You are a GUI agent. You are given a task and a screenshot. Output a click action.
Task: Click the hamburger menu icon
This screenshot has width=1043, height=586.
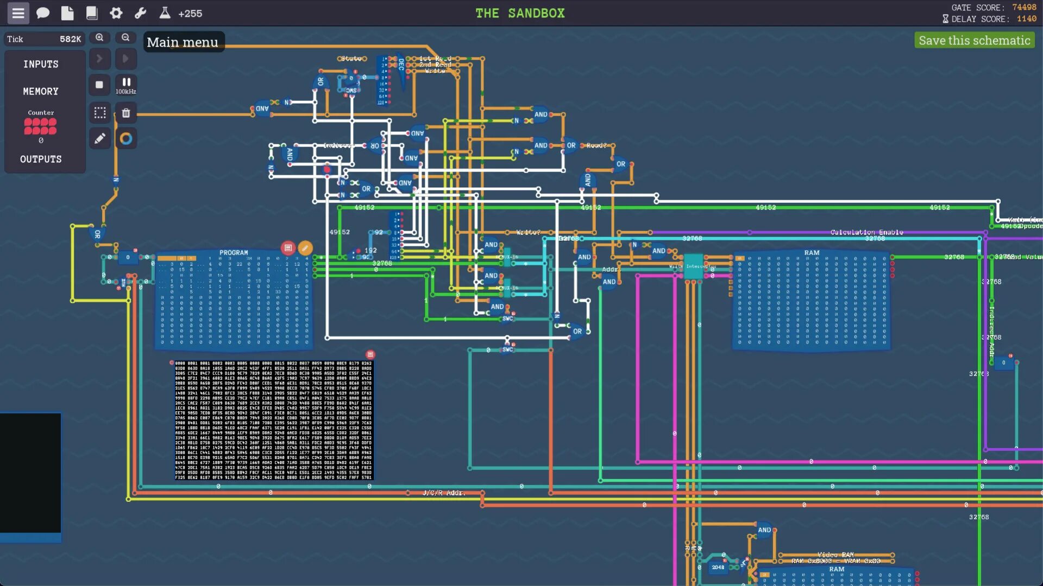pos(18,13)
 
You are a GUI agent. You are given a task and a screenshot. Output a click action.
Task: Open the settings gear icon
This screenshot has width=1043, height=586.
pos(116,13)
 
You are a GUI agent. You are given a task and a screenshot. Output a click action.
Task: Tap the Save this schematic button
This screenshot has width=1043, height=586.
pos(974,41)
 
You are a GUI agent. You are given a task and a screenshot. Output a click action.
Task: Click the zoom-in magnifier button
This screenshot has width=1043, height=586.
pos(99,37)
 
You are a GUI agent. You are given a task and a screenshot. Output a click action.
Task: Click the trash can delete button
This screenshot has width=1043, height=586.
pos(126,113)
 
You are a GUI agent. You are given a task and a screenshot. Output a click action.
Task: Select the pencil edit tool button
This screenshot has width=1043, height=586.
pos(99,139)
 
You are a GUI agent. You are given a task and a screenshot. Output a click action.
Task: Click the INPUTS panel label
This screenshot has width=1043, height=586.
pos(41,64)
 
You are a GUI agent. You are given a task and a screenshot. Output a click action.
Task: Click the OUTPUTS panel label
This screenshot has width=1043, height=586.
pos(41,159)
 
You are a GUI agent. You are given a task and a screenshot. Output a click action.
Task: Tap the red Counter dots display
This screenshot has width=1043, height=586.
pos(40,126)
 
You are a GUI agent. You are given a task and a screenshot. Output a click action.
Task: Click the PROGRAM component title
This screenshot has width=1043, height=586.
pos(234,253)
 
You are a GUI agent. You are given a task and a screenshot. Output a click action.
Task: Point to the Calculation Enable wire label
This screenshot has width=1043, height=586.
pos(866,232)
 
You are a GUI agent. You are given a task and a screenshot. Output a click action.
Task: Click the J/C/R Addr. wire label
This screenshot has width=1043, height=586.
pos(444,493)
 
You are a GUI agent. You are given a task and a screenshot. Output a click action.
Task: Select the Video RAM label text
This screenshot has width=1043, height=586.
pos(835,555)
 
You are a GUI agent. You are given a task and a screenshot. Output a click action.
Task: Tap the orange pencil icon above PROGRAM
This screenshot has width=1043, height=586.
pos(305,248)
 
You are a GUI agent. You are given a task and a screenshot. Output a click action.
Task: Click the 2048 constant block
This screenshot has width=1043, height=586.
pos(718,567)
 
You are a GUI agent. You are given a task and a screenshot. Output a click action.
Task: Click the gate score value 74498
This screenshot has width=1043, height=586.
pos(1024,8)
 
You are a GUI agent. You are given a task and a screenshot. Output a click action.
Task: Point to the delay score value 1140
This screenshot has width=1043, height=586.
pos(1026,19)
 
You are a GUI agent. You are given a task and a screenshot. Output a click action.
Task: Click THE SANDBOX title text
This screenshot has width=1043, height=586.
pos(520,13)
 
